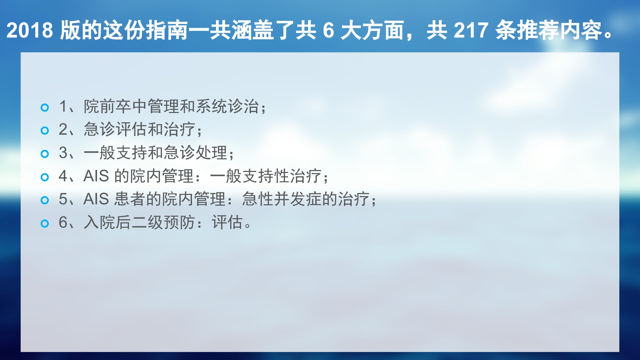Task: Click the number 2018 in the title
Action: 29,30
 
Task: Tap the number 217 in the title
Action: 471,30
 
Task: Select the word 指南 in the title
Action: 167,30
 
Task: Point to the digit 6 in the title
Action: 328,30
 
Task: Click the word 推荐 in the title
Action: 538,30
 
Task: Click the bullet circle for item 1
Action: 45,107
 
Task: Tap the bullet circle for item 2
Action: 45,130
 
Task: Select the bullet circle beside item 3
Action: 45,154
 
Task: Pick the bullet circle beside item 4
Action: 45,177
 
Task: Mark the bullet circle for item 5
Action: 45,200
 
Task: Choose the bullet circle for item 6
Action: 45,223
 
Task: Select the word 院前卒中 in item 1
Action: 115,106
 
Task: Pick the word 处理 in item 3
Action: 211,153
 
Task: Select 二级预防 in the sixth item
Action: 163,222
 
